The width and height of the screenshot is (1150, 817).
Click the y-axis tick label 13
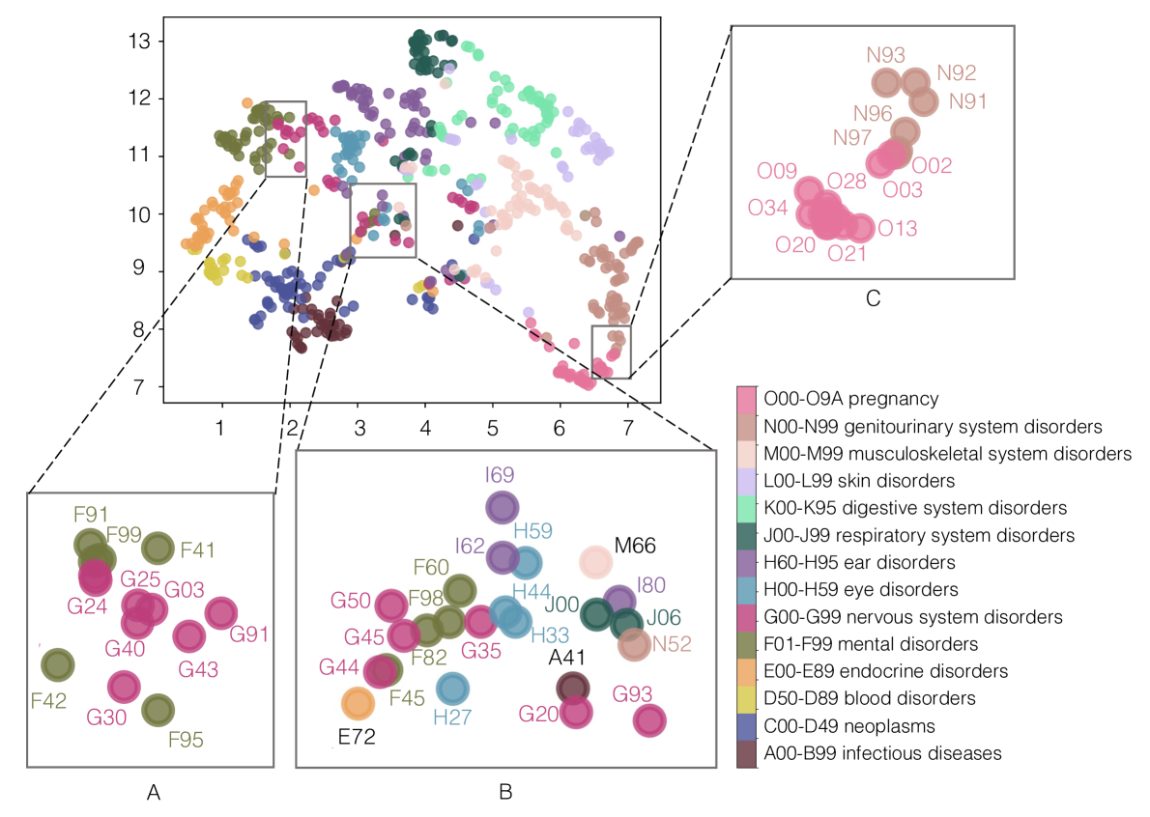click(142, 42)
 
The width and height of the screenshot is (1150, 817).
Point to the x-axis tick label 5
click(492, 427)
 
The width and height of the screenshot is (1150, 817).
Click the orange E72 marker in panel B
click(357, 704)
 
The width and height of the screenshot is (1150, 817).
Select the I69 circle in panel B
click(501, 507)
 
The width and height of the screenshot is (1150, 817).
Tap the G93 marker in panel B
click(649, 720)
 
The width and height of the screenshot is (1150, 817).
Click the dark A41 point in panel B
click(573, 688)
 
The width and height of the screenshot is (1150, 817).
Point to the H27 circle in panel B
click(451, 689)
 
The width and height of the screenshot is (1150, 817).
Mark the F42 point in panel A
click(58, 664)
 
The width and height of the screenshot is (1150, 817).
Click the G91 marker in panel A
click(221, 612)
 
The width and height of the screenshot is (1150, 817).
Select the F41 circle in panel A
click(157, 549)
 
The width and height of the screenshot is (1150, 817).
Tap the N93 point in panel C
click(886, 83)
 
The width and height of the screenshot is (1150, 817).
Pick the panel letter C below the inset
click(873, 300)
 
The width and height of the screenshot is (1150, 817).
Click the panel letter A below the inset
click(153, 793)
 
